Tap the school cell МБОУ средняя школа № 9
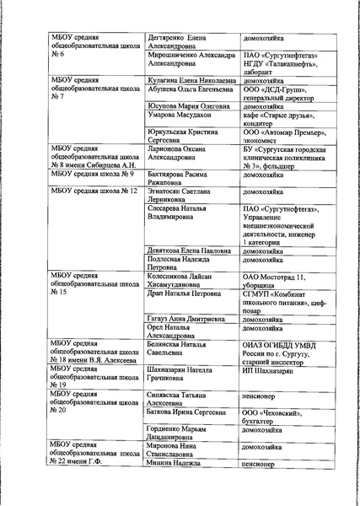[91, 175]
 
